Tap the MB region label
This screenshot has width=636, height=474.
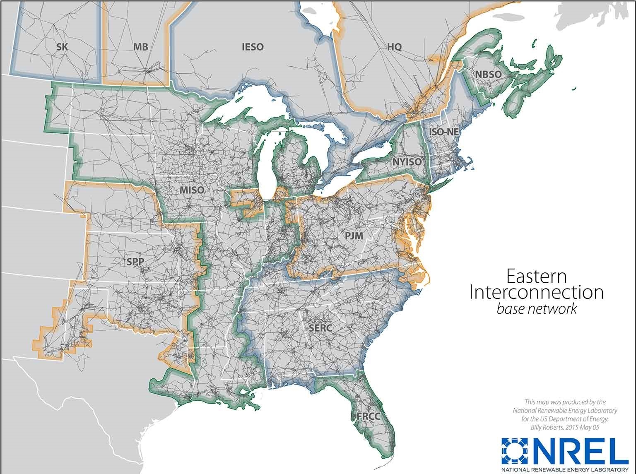click(x=141, y=47)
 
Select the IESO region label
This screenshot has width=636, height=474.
click(x=252, y=47)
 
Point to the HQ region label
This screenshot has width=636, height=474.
click(x=395, y=47)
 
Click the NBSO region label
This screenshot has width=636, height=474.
click(x=489, y=74)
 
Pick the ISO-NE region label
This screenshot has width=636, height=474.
click(x=444, y=132)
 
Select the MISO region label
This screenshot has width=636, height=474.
click(x=192, y=190)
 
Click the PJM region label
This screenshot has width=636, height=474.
click(x=354, y=236)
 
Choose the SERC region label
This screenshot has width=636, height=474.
click(x=320, y=328)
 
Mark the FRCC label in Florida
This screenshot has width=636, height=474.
click(x=368, y=415)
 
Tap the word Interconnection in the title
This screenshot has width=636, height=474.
click(x=536, y=292)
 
